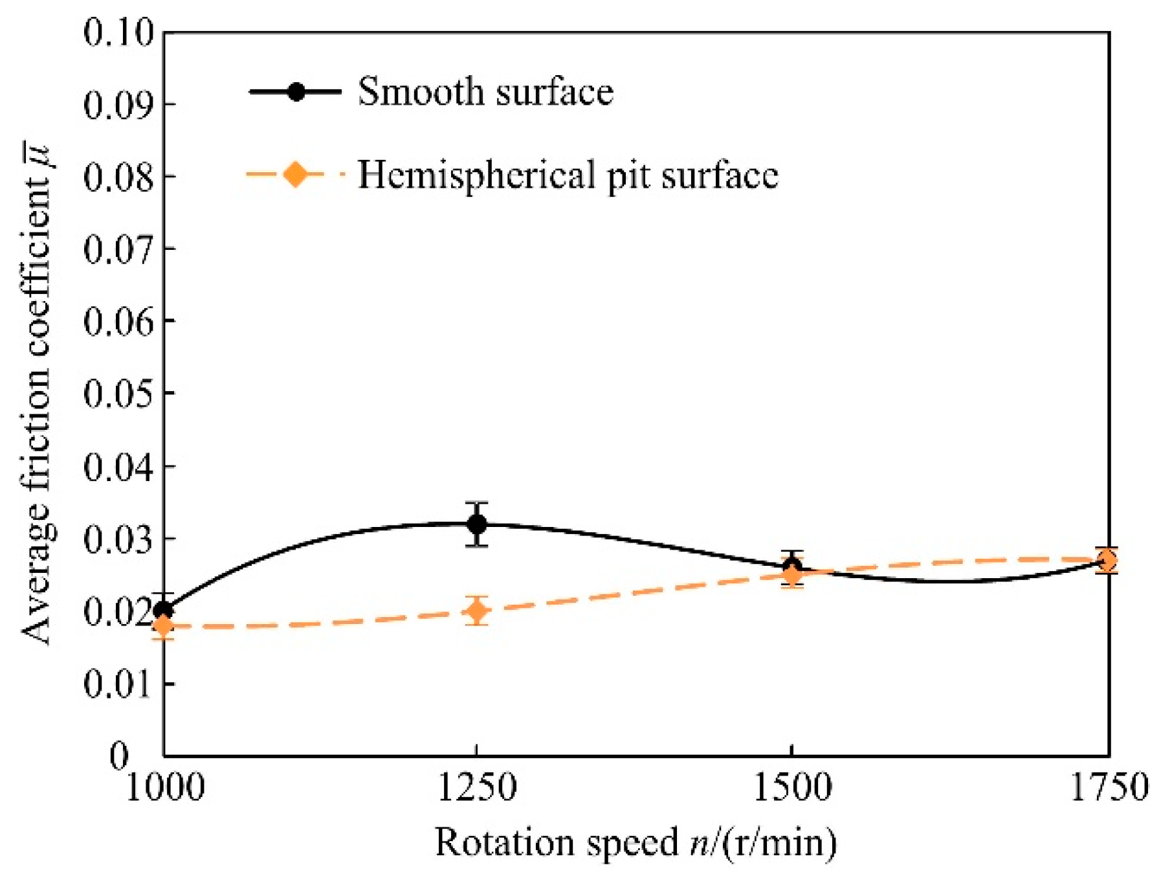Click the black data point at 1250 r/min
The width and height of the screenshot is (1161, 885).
tap(477, 524)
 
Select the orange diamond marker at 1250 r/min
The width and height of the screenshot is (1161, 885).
tap(477, 611)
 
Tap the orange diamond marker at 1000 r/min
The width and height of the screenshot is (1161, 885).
tap(164, 625)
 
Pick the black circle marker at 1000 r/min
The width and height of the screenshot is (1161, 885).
tap(164, 610)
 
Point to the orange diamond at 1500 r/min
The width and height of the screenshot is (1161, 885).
tap(792, 574)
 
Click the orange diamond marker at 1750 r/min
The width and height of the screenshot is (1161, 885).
tap(1107, 560)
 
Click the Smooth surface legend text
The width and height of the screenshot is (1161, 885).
tap(485, 91)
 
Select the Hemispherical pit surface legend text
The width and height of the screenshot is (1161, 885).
tap(568, 175)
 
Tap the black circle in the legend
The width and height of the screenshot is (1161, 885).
tap(296, 91)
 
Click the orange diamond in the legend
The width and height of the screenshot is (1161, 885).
tap(296, 175)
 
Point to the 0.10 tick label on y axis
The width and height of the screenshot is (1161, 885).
tap(120, 32)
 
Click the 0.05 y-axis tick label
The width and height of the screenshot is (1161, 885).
tap(120, 393)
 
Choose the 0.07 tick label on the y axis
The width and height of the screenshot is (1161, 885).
tap(120, 249)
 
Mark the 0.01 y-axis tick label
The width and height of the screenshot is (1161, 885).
tap(120, 683)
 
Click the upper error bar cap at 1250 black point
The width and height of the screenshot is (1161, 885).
tap(477, 502)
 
